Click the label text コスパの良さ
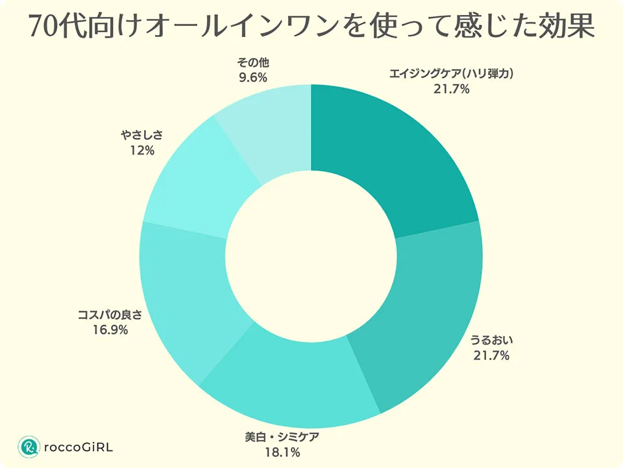click(x=110, y=315)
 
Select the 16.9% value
click(x=110, y=330)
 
